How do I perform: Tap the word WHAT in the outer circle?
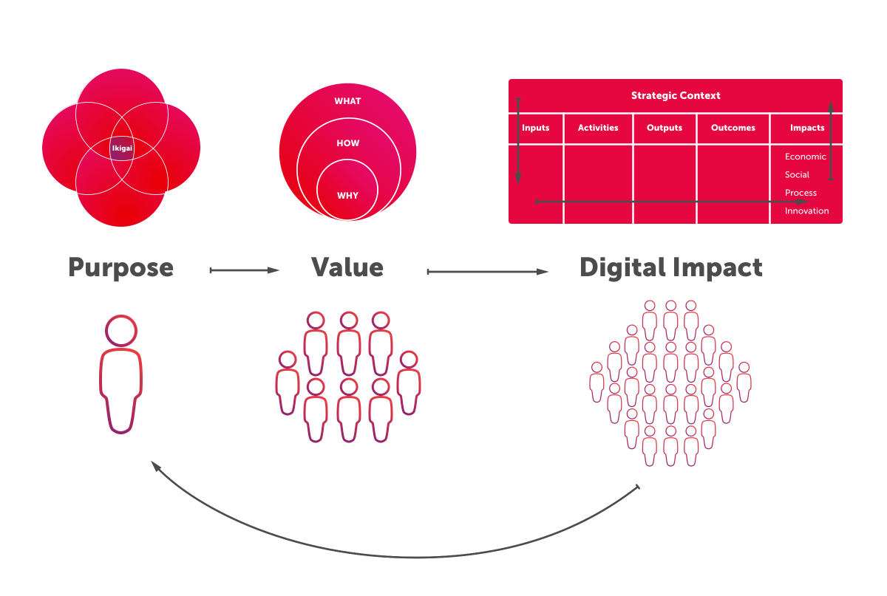point(347,100)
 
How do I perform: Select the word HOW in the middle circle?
point(347,143)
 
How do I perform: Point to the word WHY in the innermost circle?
point(347,196)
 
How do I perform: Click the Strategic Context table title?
point(675,95)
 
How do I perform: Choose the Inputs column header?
point(535,128)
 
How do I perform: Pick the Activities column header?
point(598,128)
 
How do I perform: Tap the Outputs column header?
point(664,128)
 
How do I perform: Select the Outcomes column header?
point(733,128)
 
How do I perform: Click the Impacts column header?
point(806,128)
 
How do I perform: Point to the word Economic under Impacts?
point(805,157)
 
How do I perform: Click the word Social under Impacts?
point(797,175)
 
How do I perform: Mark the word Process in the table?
point(801,193)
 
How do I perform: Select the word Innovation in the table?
point(806,211)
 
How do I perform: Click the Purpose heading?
point(121,267)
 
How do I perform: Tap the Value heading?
point(347,267)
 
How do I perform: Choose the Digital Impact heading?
point(670,267)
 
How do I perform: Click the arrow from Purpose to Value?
point(245,271)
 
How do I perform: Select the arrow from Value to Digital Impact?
point(488,272)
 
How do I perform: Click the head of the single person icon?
point(121,330)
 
